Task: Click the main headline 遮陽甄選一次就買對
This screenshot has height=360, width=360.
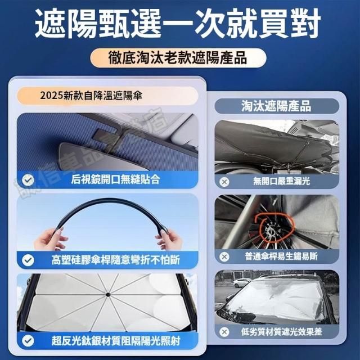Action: coord(178,24)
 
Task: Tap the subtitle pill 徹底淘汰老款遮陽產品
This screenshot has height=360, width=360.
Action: coord(178,57)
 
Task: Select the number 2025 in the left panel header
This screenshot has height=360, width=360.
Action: coord(51,96)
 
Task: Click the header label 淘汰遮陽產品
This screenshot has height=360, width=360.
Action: coord(276,106)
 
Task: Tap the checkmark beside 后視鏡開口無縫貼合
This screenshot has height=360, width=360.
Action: coord(28,180)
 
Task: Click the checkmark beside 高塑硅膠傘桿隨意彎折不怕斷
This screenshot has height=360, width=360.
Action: coord(28,260)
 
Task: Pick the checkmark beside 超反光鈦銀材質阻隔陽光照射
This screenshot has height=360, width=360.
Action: coord(28,340)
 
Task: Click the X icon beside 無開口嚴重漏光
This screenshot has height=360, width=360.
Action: coord(224,182)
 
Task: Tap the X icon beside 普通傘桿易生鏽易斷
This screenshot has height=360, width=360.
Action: coord(224,256)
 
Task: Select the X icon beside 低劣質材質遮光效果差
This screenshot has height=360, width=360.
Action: coord(224,332)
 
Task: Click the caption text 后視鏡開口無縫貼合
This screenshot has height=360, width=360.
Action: coord(115,179)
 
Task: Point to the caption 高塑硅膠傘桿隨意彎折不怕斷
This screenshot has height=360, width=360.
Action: coord(116,260)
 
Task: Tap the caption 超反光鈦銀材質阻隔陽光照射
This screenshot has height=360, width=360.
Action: coord(116,340)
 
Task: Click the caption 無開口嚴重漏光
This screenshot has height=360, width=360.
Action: coord(281,181)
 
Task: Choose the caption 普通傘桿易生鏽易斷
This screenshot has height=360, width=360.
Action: coord(281,256)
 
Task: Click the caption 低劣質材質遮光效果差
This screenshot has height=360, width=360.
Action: coord(281,331)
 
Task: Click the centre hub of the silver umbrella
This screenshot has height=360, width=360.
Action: coord(107,295)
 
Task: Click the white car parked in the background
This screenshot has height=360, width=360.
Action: coord(242,282)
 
